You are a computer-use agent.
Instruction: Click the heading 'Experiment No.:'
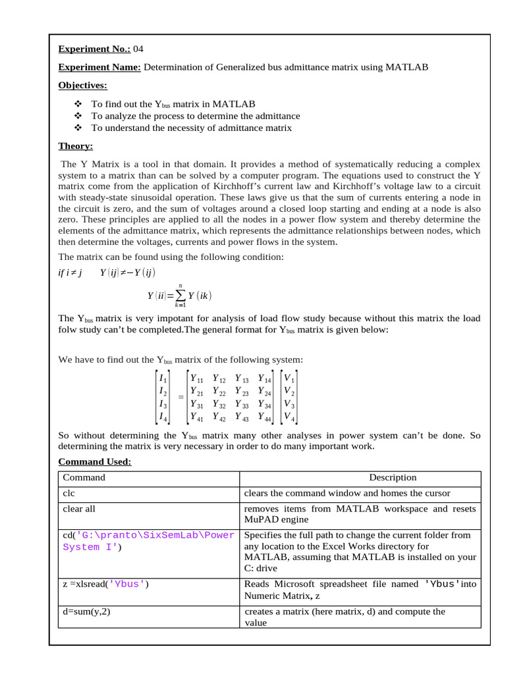94,49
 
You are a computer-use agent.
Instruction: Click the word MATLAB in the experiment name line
407,67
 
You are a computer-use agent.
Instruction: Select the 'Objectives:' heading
82,86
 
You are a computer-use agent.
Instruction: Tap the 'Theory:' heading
75,146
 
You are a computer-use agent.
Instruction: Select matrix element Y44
265,417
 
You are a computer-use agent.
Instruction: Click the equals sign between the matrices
181,398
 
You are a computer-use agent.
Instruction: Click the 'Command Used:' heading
95,462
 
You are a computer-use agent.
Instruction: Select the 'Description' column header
393,478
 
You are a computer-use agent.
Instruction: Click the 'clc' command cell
69,493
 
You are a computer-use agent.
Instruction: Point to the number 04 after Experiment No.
138,49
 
